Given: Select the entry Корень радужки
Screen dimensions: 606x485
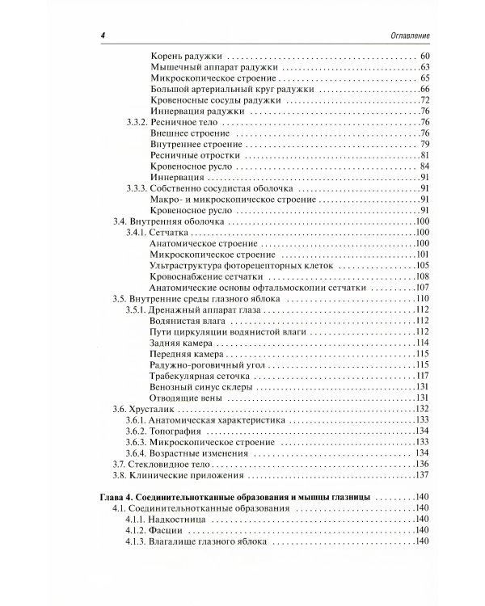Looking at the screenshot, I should pos(188,56).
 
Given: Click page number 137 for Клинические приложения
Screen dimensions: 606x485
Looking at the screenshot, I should pos(420,477).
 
